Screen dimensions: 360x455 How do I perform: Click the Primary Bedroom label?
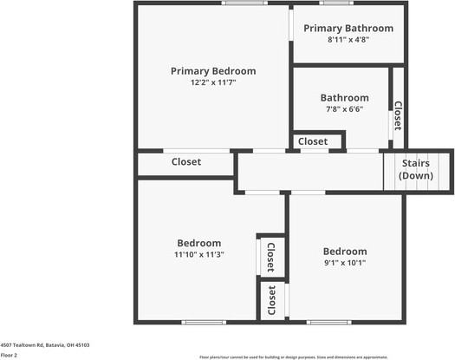(x=213, y=71)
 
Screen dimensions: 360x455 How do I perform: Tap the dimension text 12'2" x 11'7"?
(x=213, y=82)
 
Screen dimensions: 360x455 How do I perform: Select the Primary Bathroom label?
(x=348, y=29)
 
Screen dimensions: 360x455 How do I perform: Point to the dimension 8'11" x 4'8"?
(x=348, y=40)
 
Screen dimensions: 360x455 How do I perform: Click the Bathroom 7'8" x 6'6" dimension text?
(x=344, y=109)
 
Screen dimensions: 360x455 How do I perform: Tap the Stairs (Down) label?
(x=416, y=169)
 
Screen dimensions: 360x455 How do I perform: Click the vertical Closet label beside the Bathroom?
(x=398, y=115)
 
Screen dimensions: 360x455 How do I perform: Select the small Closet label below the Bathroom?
(x=313, y=141)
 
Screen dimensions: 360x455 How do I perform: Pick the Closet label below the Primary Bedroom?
(x=186, y=162)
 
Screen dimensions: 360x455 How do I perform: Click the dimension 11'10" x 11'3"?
(x=199, y=255)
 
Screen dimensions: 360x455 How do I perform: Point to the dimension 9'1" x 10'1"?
(x=345, y=263)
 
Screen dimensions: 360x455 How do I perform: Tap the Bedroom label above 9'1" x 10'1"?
(x=345, y=252)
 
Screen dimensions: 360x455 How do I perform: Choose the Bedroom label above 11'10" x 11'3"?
(x=199, y=243)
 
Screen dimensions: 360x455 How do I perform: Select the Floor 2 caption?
(x=10, y=355)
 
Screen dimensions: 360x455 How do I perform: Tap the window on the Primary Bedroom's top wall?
(x=244, y=3)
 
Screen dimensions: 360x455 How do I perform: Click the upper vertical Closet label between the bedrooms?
(x=271, y=257)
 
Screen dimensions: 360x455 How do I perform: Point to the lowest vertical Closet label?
(x=271, y=299)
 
